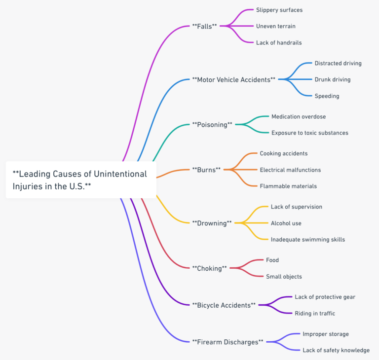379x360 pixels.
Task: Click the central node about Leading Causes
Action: click(x=81, y=180)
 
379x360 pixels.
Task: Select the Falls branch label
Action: click(x=204, y=26)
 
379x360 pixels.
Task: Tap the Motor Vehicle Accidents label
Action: click(x=234, y=79)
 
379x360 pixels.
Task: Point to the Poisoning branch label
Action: click(x=212, y=124)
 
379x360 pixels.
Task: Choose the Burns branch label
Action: click(x=206, y=170)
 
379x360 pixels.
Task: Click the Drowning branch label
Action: click(x=212, y=223)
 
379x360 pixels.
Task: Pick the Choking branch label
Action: click(x=210, y=268)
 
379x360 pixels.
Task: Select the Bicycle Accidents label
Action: click(x=224, y=305)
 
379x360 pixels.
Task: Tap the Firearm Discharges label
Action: click(x=227, y=342)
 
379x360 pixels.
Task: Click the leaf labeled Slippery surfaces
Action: click(x=279, y=10)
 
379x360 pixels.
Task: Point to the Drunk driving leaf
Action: click(x=333, y=79)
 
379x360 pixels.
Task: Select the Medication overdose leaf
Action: click(x=299, y=116)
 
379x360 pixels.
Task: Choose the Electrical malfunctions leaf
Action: click(x=290, y=170)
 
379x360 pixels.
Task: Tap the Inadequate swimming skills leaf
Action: click(x=308, y=240)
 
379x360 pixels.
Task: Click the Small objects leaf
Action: click(x=284, y=276)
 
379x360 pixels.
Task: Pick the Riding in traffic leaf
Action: click(x=315, y=313)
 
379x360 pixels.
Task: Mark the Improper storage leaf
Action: click(x=326, y=334)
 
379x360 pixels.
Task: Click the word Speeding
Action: click(x=327, y=96)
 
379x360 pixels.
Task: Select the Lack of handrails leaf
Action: click(x=279, y=42)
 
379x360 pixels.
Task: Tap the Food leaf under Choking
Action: click(x=272, y=260)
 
